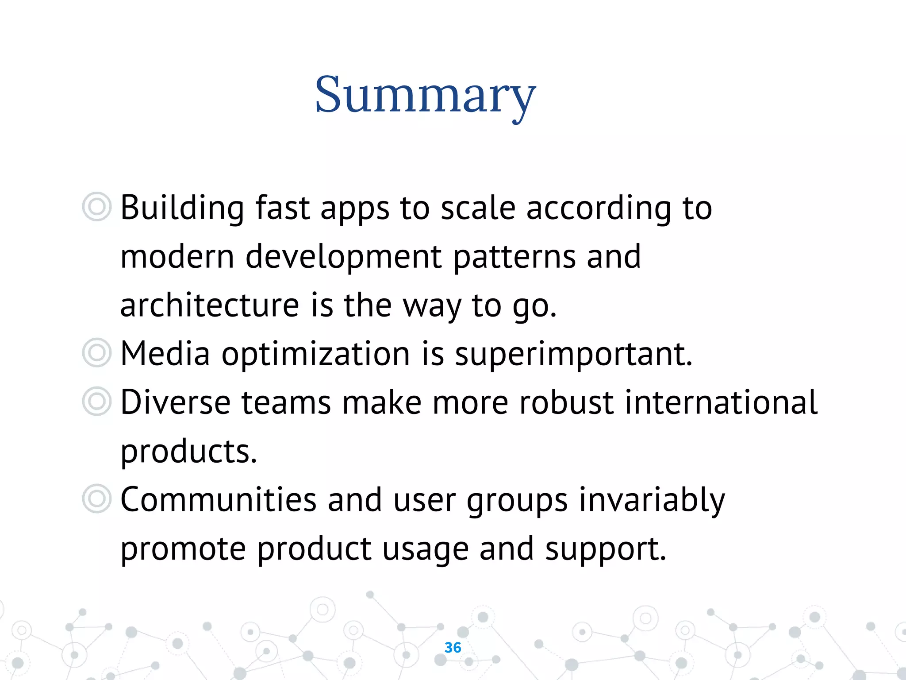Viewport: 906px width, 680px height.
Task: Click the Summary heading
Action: (x=425, y=95)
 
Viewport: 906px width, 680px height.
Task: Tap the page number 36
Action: (x=453, y=647)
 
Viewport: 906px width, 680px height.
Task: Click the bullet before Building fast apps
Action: (x=96, y=207)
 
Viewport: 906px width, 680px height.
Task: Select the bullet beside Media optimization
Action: (x=96, y=353)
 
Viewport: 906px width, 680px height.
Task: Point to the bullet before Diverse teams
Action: (x=96, y=402)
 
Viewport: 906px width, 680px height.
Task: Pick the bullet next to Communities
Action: (x=96, y=499)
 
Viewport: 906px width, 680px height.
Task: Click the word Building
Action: (x=182, y=208)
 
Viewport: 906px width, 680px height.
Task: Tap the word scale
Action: (x=478, y=208)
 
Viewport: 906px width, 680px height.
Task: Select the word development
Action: (x=343, y=257)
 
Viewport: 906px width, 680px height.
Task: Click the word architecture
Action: (x=210, y=305)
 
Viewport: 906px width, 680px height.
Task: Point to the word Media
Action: (x=165, y=354)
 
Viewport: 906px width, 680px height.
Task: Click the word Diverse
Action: (x=175, y=403)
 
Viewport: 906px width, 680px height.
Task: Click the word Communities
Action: (x=219, y=500)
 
